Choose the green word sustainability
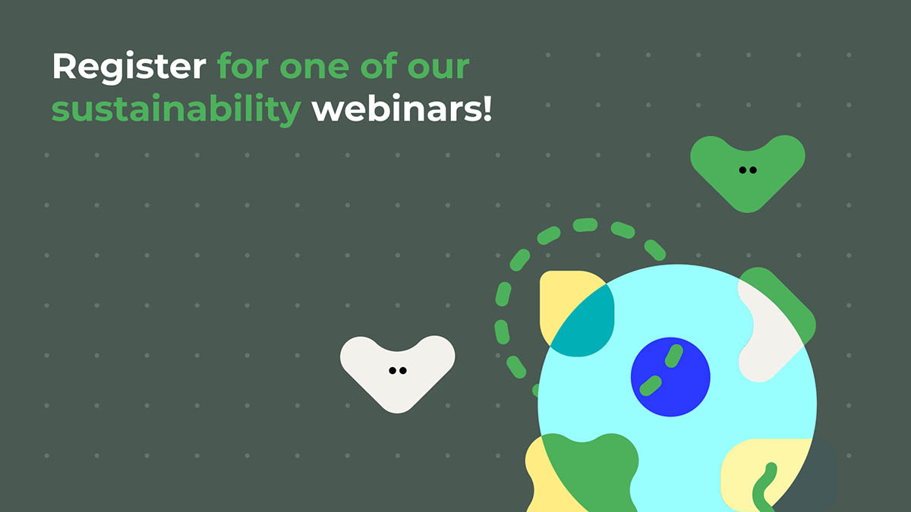pyautogui.click(x=176, y=111)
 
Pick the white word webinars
pyautogui.click(x=395, y=109)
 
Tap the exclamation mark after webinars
pyautogui.click(x=487, y=109)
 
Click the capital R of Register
pyautogui.click(x=64, y=68)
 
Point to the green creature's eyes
pyautogui.click(x=748, y=170)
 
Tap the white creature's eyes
pyautogui.click(x=397, y=370)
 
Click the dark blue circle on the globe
pyautogui.click(x=670, y=376)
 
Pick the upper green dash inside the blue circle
pyautogui.click(x=673, y=355)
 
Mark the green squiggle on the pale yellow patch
pyautogui.click(x=763, y=485)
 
